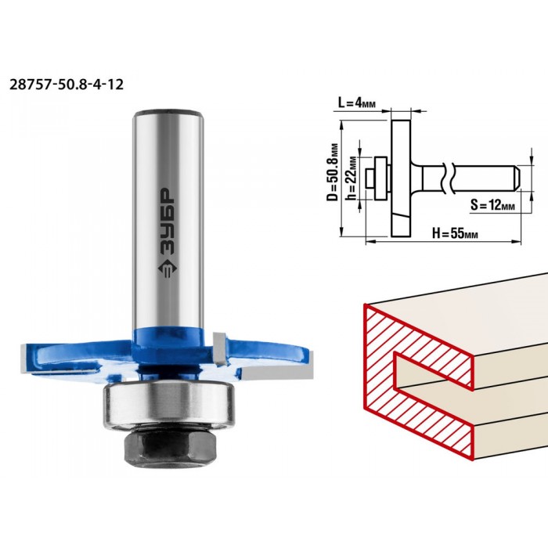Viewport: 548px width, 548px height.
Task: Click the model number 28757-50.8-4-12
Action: click(x=67, y=85)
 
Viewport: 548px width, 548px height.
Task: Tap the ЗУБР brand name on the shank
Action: click(x=168, y=221)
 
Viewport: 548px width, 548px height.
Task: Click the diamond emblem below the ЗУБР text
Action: click(x=168, y=269)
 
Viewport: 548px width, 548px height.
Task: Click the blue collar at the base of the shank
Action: click(x=168, y=339)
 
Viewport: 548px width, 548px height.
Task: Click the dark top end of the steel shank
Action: click(x=168, y=114)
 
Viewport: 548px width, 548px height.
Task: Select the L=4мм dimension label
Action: click(x=357, y=103)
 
